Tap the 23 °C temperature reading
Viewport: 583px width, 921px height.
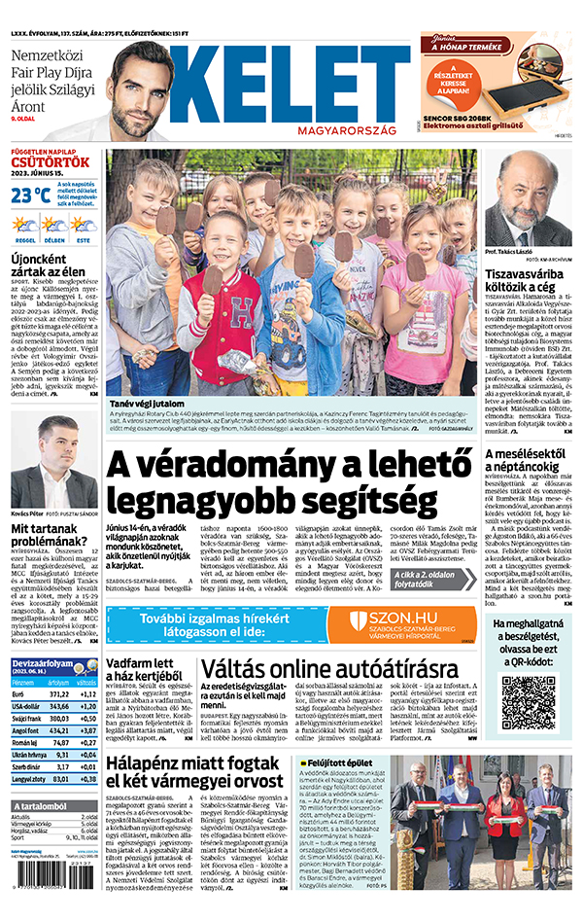30,195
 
